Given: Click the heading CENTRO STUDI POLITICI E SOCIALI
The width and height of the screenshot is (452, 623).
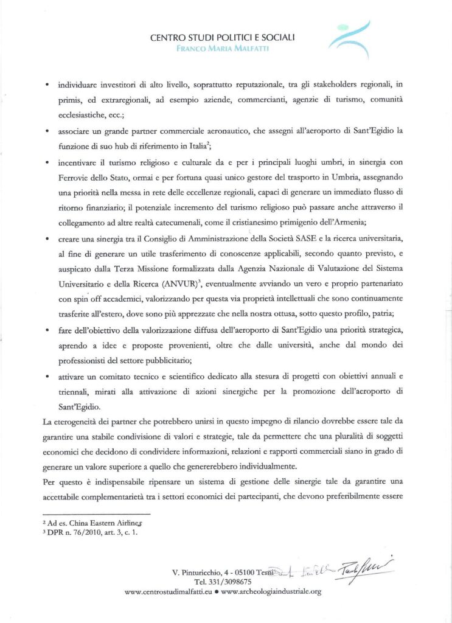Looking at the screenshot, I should click(223, 38).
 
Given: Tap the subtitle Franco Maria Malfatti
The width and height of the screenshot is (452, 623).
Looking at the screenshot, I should click(223, 48).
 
